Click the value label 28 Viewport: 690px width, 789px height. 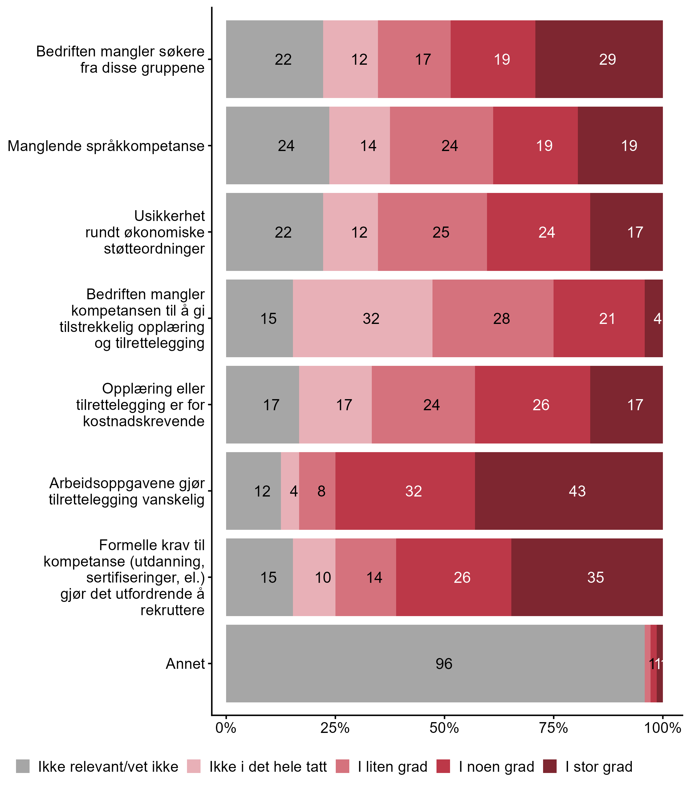pos(501,319)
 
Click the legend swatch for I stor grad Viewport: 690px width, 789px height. pos(550,766)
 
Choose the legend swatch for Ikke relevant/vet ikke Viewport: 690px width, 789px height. pos(23,766)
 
